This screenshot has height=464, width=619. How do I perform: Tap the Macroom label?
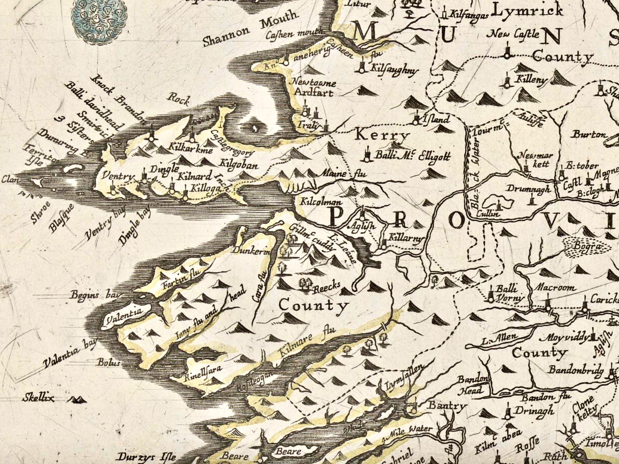[556, 288]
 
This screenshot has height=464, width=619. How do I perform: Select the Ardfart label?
[313, 92]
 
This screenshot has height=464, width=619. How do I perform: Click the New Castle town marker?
[507, 55]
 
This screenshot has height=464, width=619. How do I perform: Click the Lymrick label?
[527, 11]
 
